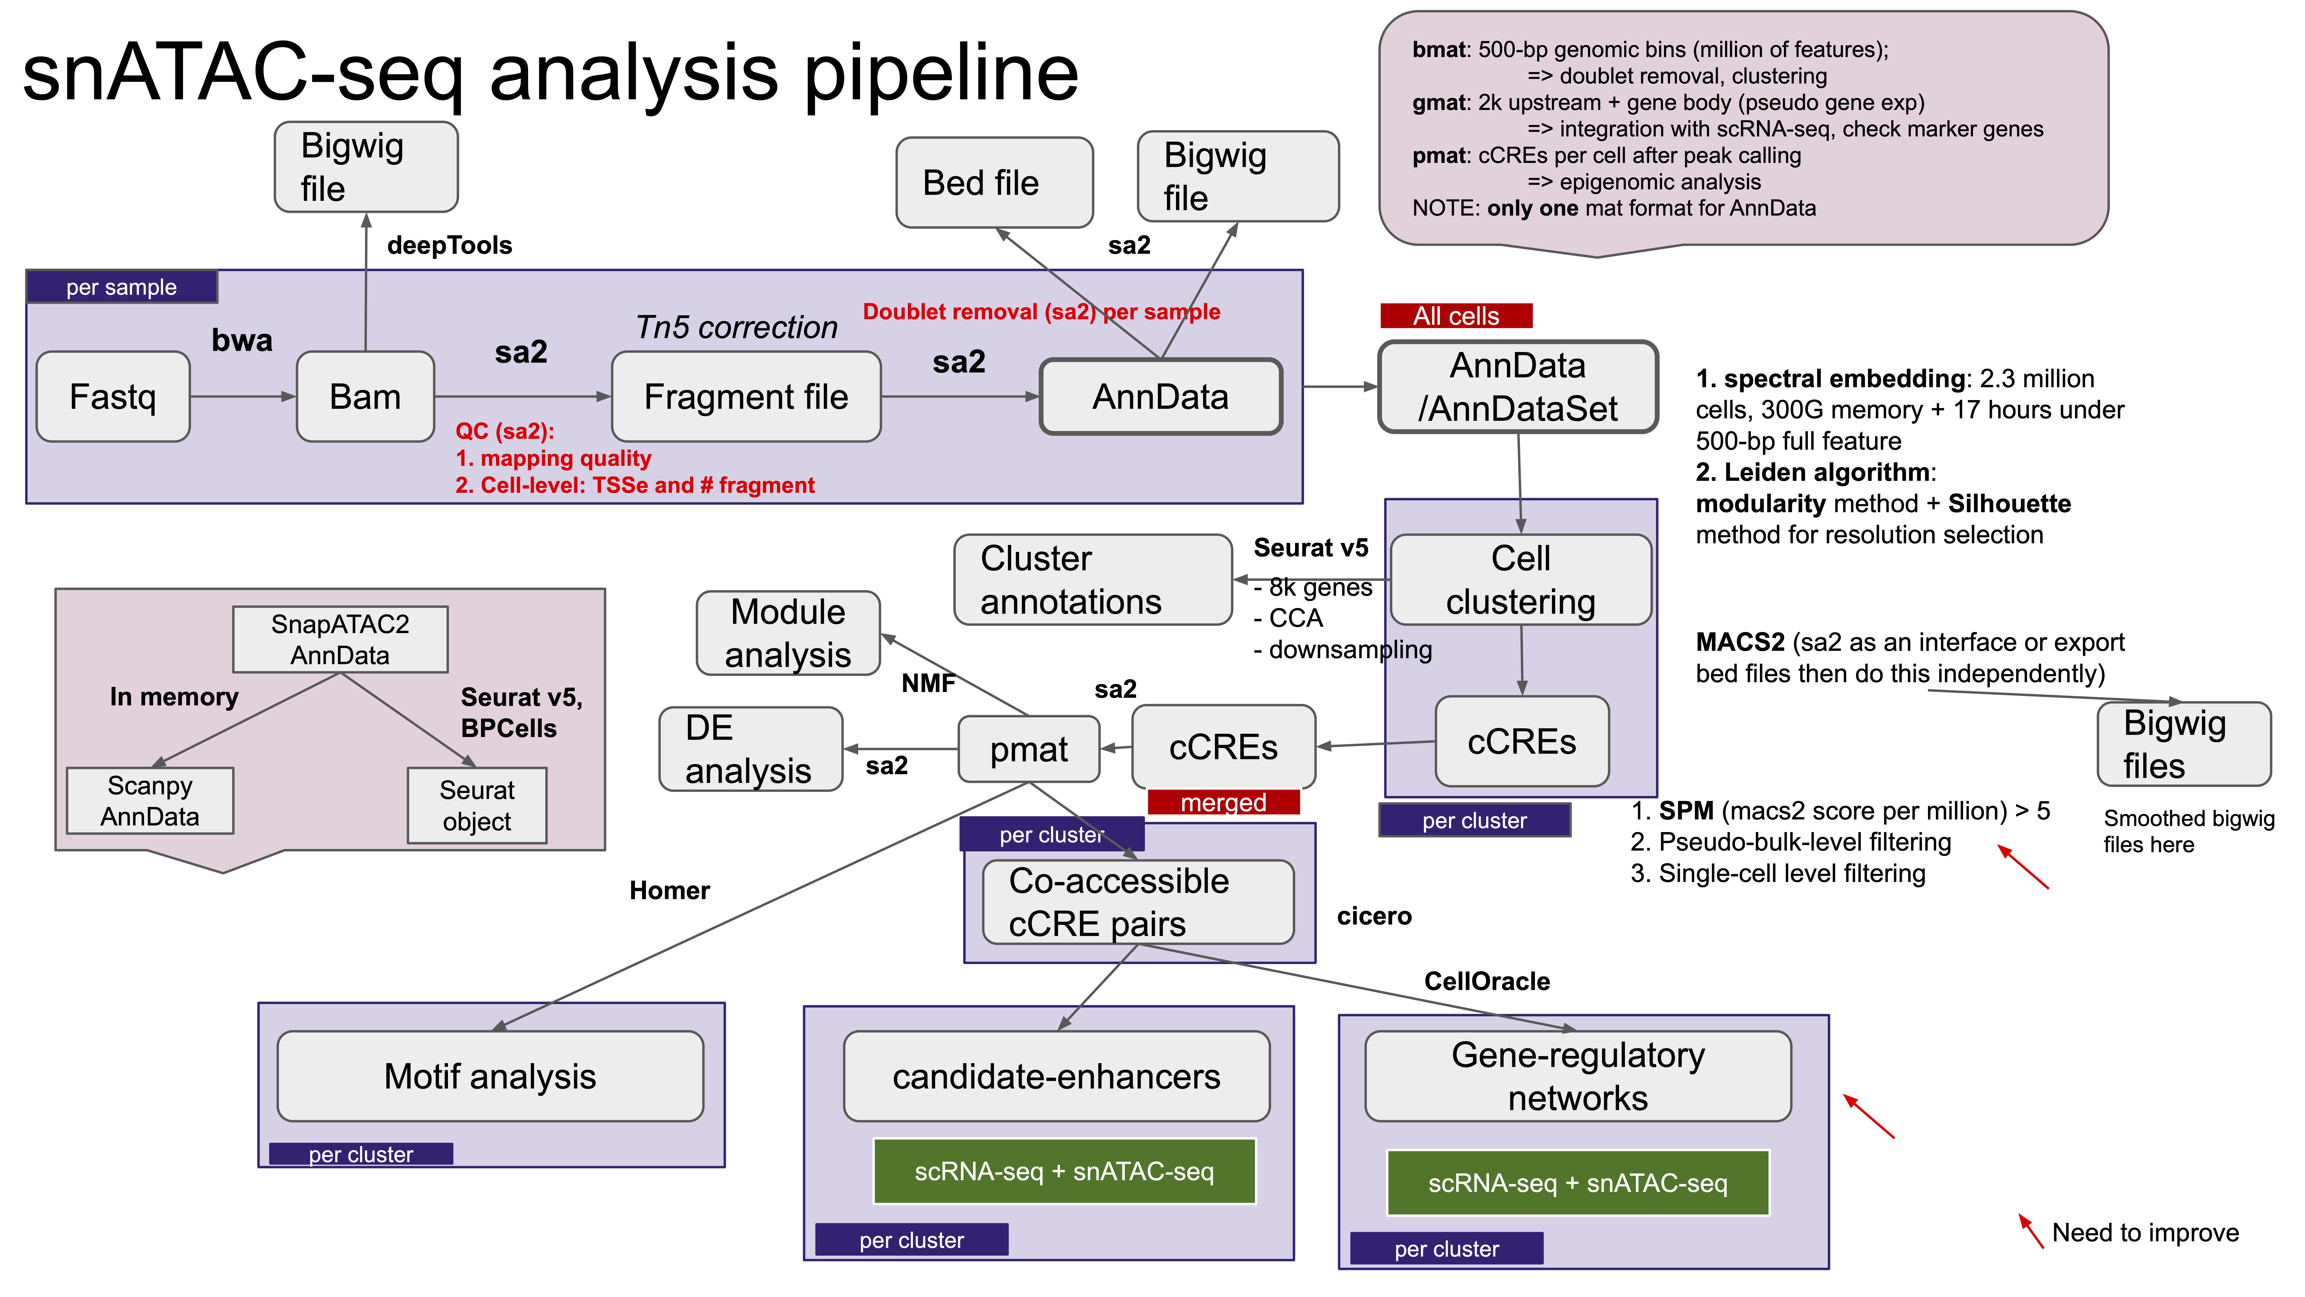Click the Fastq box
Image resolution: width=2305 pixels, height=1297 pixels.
[x=113, y=396]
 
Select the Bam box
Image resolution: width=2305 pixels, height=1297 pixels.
[x=365, y=396]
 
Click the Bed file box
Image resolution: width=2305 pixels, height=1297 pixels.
[x=994, y=183]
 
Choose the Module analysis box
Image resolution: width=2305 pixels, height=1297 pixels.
[x=788, y=633]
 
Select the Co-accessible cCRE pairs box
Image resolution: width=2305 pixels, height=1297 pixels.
[x=1137, y=902]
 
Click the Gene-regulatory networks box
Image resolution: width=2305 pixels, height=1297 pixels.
[x=1577, y=1076]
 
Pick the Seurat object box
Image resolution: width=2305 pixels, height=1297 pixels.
[x=477, y=806]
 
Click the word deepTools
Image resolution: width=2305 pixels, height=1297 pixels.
[x=449, y=245]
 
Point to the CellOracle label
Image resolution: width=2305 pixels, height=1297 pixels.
[x=1486, y=981]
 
